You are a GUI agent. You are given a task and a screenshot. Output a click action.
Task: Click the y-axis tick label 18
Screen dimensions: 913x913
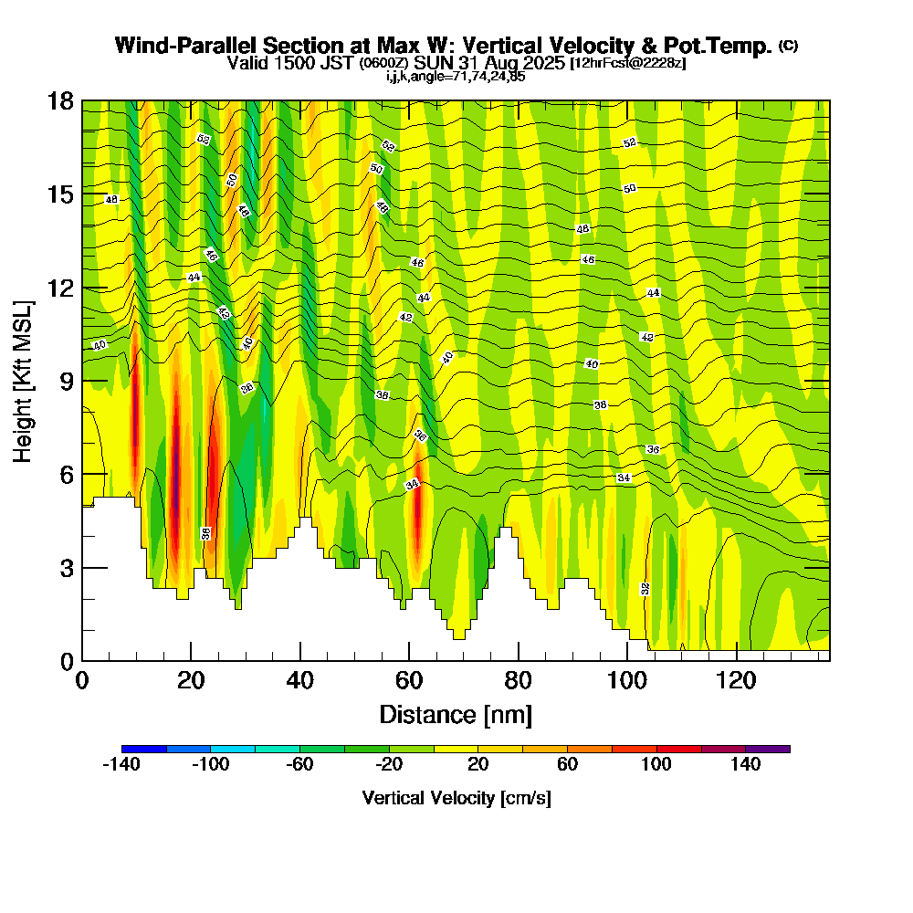60,100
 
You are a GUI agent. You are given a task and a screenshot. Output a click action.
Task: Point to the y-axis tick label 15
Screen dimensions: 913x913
60,194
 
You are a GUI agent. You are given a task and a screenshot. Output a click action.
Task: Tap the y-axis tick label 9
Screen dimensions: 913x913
66,381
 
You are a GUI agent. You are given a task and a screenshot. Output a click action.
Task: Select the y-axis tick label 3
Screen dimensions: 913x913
66,568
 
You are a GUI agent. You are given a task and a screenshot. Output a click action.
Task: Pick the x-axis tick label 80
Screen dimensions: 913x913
518,680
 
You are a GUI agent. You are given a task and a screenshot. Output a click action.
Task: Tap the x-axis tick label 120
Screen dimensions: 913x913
736,680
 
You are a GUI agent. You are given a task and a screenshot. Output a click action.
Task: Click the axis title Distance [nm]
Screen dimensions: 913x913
456,714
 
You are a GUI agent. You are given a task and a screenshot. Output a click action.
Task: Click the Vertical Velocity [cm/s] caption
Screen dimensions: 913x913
456,798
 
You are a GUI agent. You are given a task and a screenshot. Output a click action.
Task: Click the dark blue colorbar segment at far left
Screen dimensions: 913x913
144,749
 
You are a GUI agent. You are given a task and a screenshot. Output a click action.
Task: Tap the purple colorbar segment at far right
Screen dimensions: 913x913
768,749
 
